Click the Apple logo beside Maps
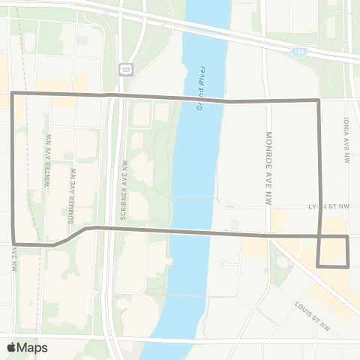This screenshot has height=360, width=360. tap(12, 347)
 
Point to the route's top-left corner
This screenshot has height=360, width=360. tap(13, 94)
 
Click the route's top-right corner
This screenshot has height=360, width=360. tap(319, 100)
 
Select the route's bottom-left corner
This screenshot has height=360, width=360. tap(13, 244)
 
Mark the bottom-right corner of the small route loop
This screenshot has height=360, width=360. tap(349, 265)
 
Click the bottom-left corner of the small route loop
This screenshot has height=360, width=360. tap(319, 265)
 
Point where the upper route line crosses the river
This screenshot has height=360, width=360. tap(202, 99)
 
